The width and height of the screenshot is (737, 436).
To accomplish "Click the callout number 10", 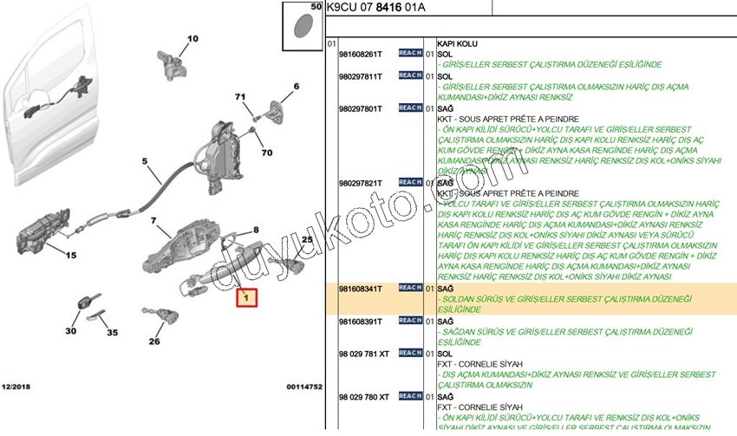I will click(192, 38).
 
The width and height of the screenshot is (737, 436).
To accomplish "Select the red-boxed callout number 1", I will click(247, 299).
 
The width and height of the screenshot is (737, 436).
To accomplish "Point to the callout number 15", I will click(70, 255).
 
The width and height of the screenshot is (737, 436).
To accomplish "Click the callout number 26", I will click(154, 341).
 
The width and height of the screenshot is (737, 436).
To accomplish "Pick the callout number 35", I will click(112, 332).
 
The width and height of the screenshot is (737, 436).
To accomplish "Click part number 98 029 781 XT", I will click(365, 354).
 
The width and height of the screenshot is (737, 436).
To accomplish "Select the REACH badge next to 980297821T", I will click(410, 183).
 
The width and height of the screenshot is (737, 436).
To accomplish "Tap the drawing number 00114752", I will click(304, 386).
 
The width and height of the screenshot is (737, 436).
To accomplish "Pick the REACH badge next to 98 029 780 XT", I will click(410, 396).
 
